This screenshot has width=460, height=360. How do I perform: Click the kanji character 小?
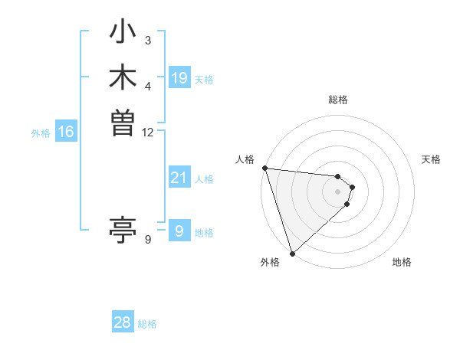pyautogui.click(x=123, y=34)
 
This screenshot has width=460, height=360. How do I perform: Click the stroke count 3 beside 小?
pyautogui.click(x=148, y=40)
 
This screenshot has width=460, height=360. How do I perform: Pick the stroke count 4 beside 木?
pyautogui.click(x=148, y=85)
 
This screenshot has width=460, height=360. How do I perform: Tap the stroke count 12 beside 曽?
pyautogui.click(x=148, y=132)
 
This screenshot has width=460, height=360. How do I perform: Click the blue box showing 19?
pyautogui.click(x=179, y=78)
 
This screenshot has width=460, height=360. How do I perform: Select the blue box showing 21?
pyautogui.click(x=179, y=178)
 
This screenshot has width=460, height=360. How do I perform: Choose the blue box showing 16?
pyautogui.click(x=66, y=132)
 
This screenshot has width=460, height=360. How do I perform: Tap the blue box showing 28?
pyautogui.click(x=123, y=322)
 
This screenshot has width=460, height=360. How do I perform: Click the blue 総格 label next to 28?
pyautogui.click(x=147, y=324)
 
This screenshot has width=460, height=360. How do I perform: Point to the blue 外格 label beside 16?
pyautogui.click(x=41, y=133)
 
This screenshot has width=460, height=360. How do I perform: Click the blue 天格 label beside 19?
pyautogui.click(x=204, y=80)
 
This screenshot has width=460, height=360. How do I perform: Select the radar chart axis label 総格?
pyautogui.click(x=338, y=100)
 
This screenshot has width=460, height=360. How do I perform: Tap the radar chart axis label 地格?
pyautogui.click(x=402, y=263)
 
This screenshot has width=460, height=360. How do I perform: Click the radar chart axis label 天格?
pyautogui.click(x=432, y=159)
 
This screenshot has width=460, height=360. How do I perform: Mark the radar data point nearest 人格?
pyautogui.click(x=264, y=168)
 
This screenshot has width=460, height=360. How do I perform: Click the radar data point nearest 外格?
pyautogui.click(x=293, y=252)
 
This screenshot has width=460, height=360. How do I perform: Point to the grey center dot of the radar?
pyautogui.click(x=338, y=191)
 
